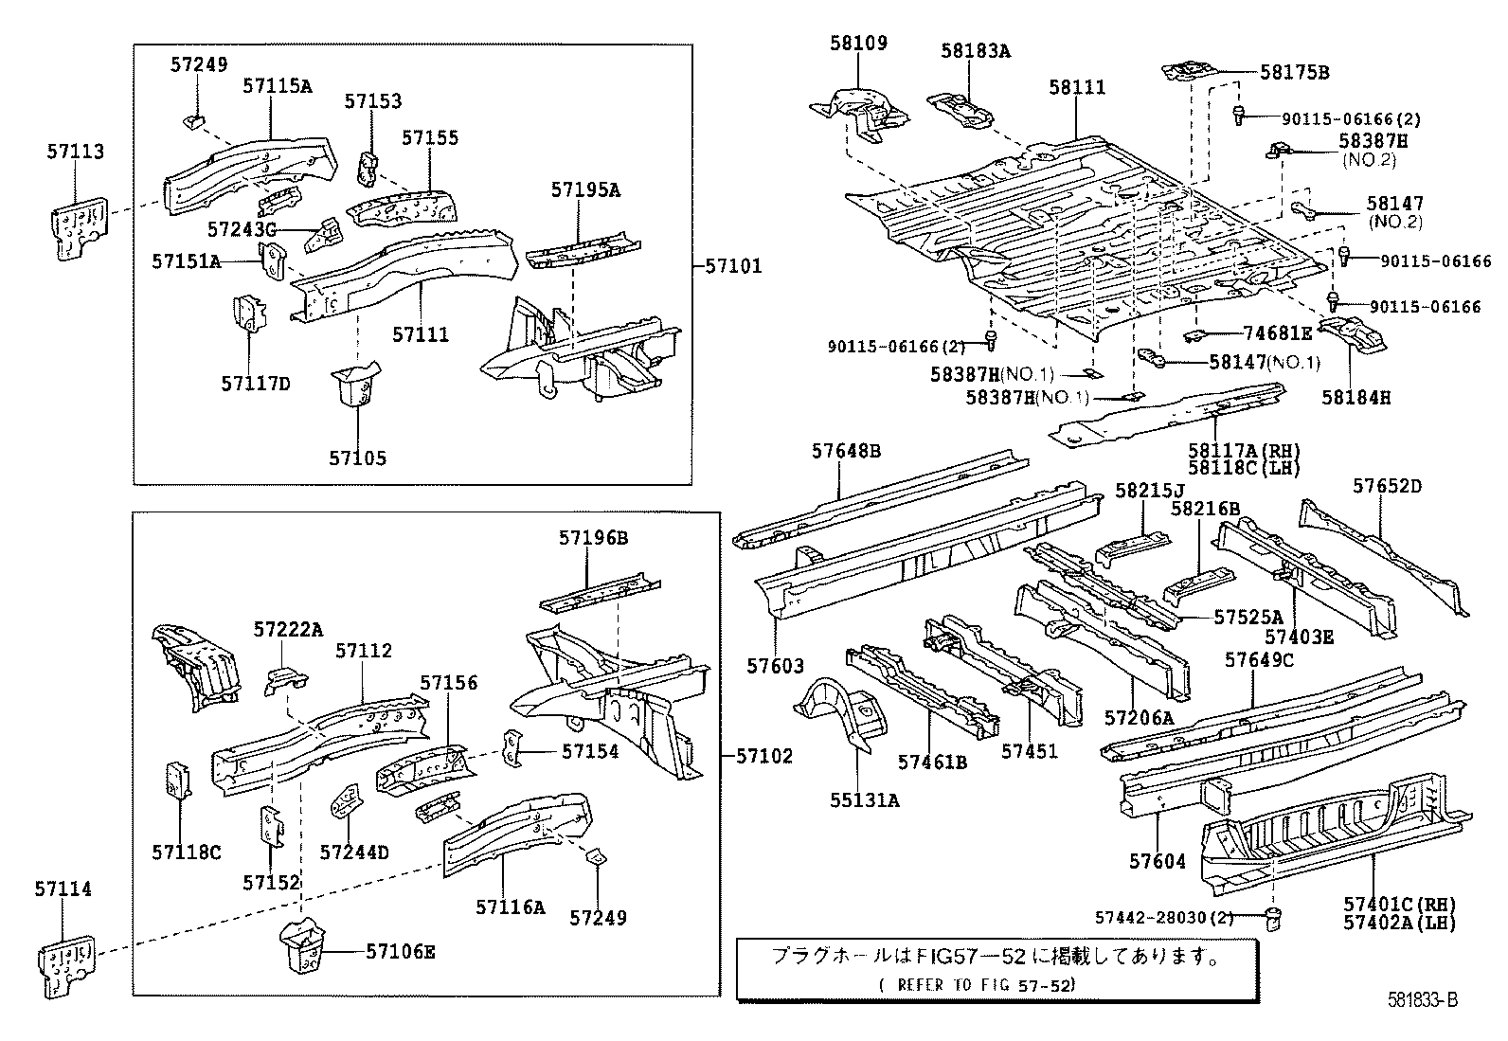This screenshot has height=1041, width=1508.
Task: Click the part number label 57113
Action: click(76, 152)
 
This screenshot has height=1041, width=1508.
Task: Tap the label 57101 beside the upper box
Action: click(734, 266)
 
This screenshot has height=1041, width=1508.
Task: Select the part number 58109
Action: click(858, 43)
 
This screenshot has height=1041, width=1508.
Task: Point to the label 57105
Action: click(357, 458)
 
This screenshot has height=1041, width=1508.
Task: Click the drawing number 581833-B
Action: click(1423, 1000)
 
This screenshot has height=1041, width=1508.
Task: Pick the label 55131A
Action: click(865, 800)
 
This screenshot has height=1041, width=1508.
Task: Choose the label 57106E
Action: click(401, 951)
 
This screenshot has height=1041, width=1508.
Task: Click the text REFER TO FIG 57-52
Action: click(978, 985)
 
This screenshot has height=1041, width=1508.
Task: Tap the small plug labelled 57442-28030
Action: click(1274, 919)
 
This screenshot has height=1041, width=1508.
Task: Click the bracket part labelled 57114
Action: click(66, 964)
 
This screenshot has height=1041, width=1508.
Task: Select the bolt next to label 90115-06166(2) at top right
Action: click(1239, 116)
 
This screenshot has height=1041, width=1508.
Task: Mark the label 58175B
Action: click(1295, 73)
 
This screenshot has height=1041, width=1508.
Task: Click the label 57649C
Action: click(1259, 660)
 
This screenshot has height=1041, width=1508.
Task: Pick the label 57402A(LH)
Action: click(1400, 923)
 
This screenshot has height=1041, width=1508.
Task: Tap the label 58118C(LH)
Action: click(1244, 468)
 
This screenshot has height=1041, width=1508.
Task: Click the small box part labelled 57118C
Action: click(178, 781)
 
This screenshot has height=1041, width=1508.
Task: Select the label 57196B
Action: click(593, 538)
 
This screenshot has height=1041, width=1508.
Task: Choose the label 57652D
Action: click(1388, 486)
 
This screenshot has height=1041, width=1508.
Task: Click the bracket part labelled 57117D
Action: click(249, 314)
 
